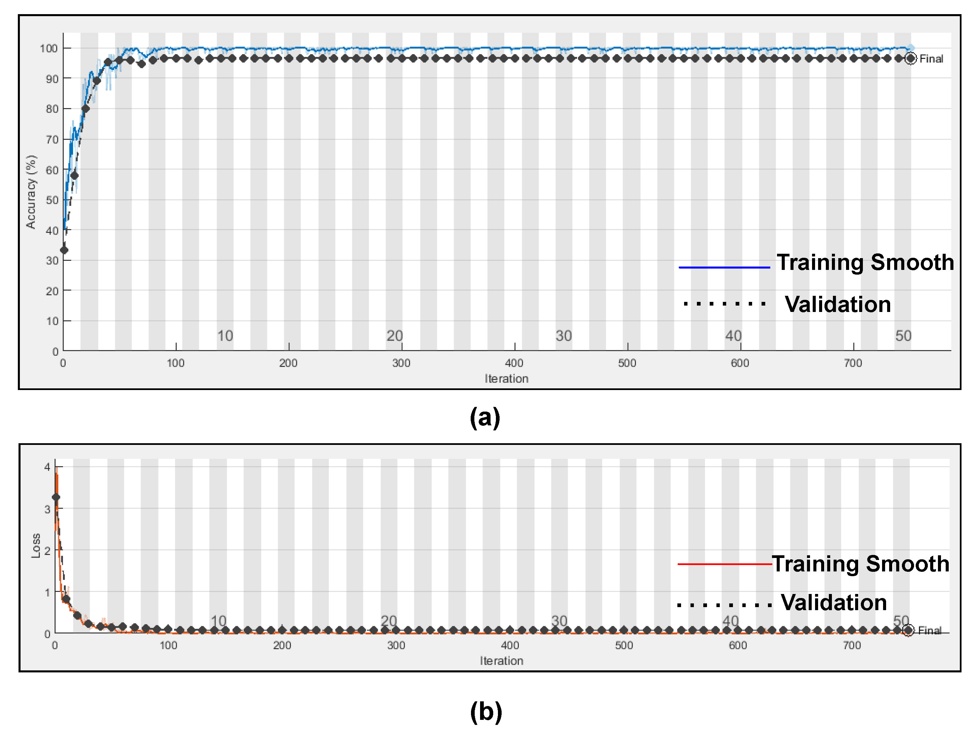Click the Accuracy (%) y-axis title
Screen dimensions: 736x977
(x=31, y=192)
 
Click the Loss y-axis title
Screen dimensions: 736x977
(x=36, y=546)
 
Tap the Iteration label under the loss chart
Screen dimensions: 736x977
(x=501, y=661)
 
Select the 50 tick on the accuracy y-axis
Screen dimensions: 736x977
(x=52, y=200)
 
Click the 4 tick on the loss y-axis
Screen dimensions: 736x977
(x=47, y=467)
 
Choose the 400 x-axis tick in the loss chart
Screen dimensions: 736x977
(x=510, y=645)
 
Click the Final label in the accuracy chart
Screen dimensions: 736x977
(x=931, y=59)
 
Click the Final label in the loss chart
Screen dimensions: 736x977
(x=930, y=630)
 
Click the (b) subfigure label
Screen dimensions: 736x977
(x=486, y=711)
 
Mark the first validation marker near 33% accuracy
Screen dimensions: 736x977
(x=64, y=250)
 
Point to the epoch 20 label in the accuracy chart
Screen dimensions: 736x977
(x=395, y=336)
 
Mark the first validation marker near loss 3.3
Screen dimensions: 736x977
(x=56, y=497)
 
